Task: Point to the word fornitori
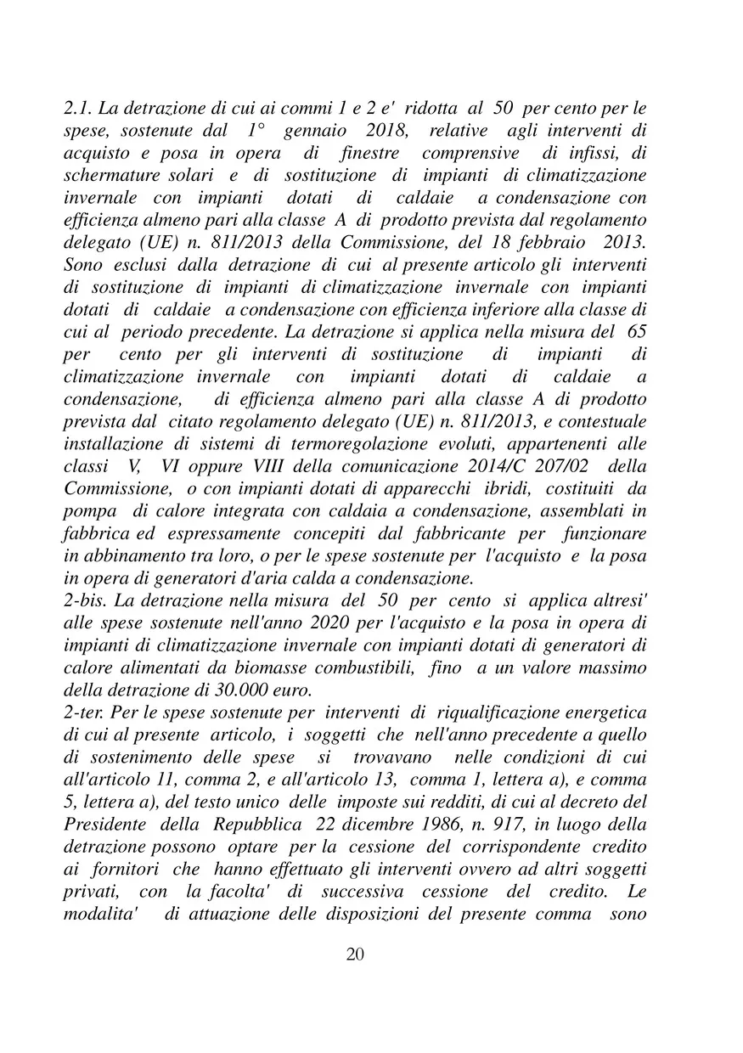pyautogui.click(x=121, y=865)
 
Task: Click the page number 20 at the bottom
pyautogui.click(x=357, y=954)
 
